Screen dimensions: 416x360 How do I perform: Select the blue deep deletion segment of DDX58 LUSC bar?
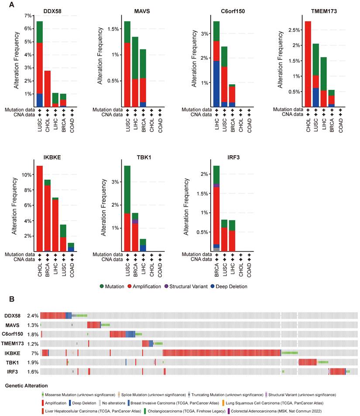(40, 100)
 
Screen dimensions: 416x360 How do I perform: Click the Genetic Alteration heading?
(26, 385)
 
